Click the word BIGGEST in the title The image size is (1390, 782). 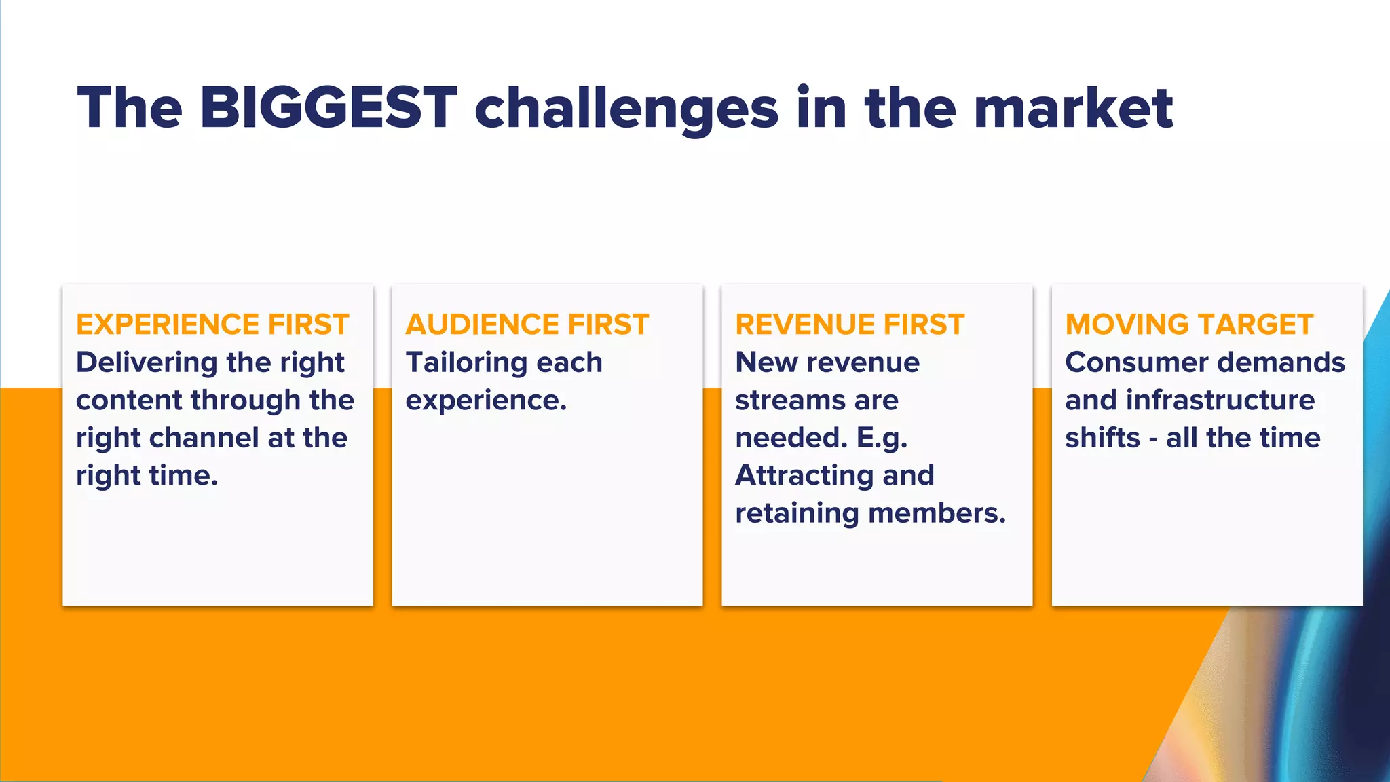tap(328, 107)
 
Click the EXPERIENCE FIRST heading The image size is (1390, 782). tap(212, 324)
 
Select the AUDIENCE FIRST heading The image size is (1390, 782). tap(527, 324)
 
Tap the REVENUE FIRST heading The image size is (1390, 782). tap(850, 324)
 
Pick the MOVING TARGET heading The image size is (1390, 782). tap(1189, 324)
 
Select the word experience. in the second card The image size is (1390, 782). tap(486, 401)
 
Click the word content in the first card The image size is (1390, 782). tap(128, 401)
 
